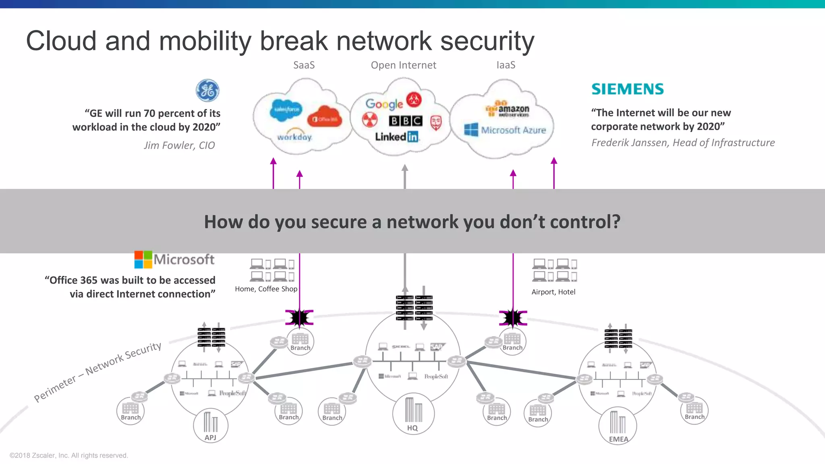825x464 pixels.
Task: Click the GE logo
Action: point(207,90)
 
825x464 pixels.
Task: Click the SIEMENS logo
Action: point(627,89)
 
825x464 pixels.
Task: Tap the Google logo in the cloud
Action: point(384,104)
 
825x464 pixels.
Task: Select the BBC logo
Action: point(406,121)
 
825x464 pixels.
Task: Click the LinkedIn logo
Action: point(397,137)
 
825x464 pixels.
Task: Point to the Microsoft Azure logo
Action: point(505,130)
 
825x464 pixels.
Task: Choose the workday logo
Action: point(294,137)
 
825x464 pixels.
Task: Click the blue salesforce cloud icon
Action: point(286,110)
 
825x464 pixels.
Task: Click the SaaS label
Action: point(304,65)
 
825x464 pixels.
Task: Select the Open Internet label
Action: point(403,65)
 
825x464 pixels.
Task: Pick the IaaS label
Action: point(506,65)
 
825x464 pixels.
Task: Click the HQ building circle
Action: point(413,414)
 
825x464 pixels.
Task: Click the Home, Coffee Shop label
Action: point(266,289)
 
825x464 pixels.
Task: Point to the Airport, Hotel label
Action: point(553,292)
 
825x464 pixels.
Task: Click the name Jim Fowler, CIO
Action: point(179,145)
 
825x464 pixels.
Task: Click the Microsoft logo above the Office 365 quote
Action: point(174,259)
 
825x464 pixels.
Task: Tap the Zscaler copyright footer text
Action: point(68,455)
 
